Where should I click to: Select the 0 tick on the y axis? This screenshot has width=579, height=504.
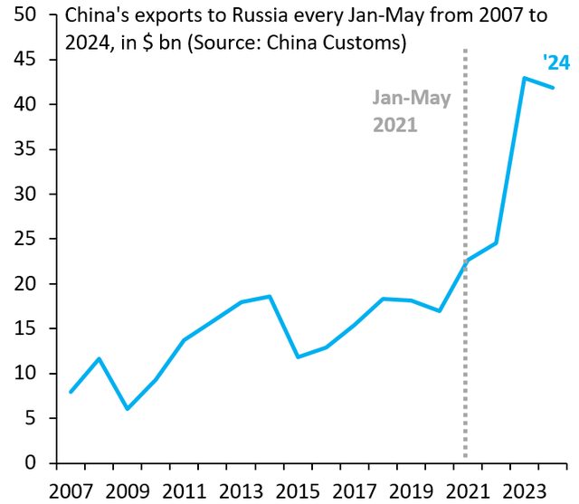coord(32,463)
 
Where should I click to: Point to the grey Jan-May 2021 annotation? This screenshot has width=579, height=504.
coord(411,111)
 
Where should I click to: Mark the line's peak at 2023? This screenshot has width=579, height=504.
coord(524,78)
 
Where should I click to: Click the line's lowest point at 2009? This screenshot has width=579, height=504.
coord(128,409)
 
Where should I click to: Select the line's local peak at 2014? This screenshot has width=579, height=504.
coord(270,296)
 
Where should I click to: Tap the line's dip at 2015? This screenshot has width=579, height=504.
coord(298,357)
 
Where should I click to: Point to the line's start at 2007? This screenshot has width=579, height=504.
coord(71,392)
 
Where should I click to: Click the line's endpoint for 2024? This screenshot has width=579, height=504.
coord(552,88)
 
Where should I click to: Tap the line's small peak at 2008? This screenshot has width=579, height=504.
coord(99,358)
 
